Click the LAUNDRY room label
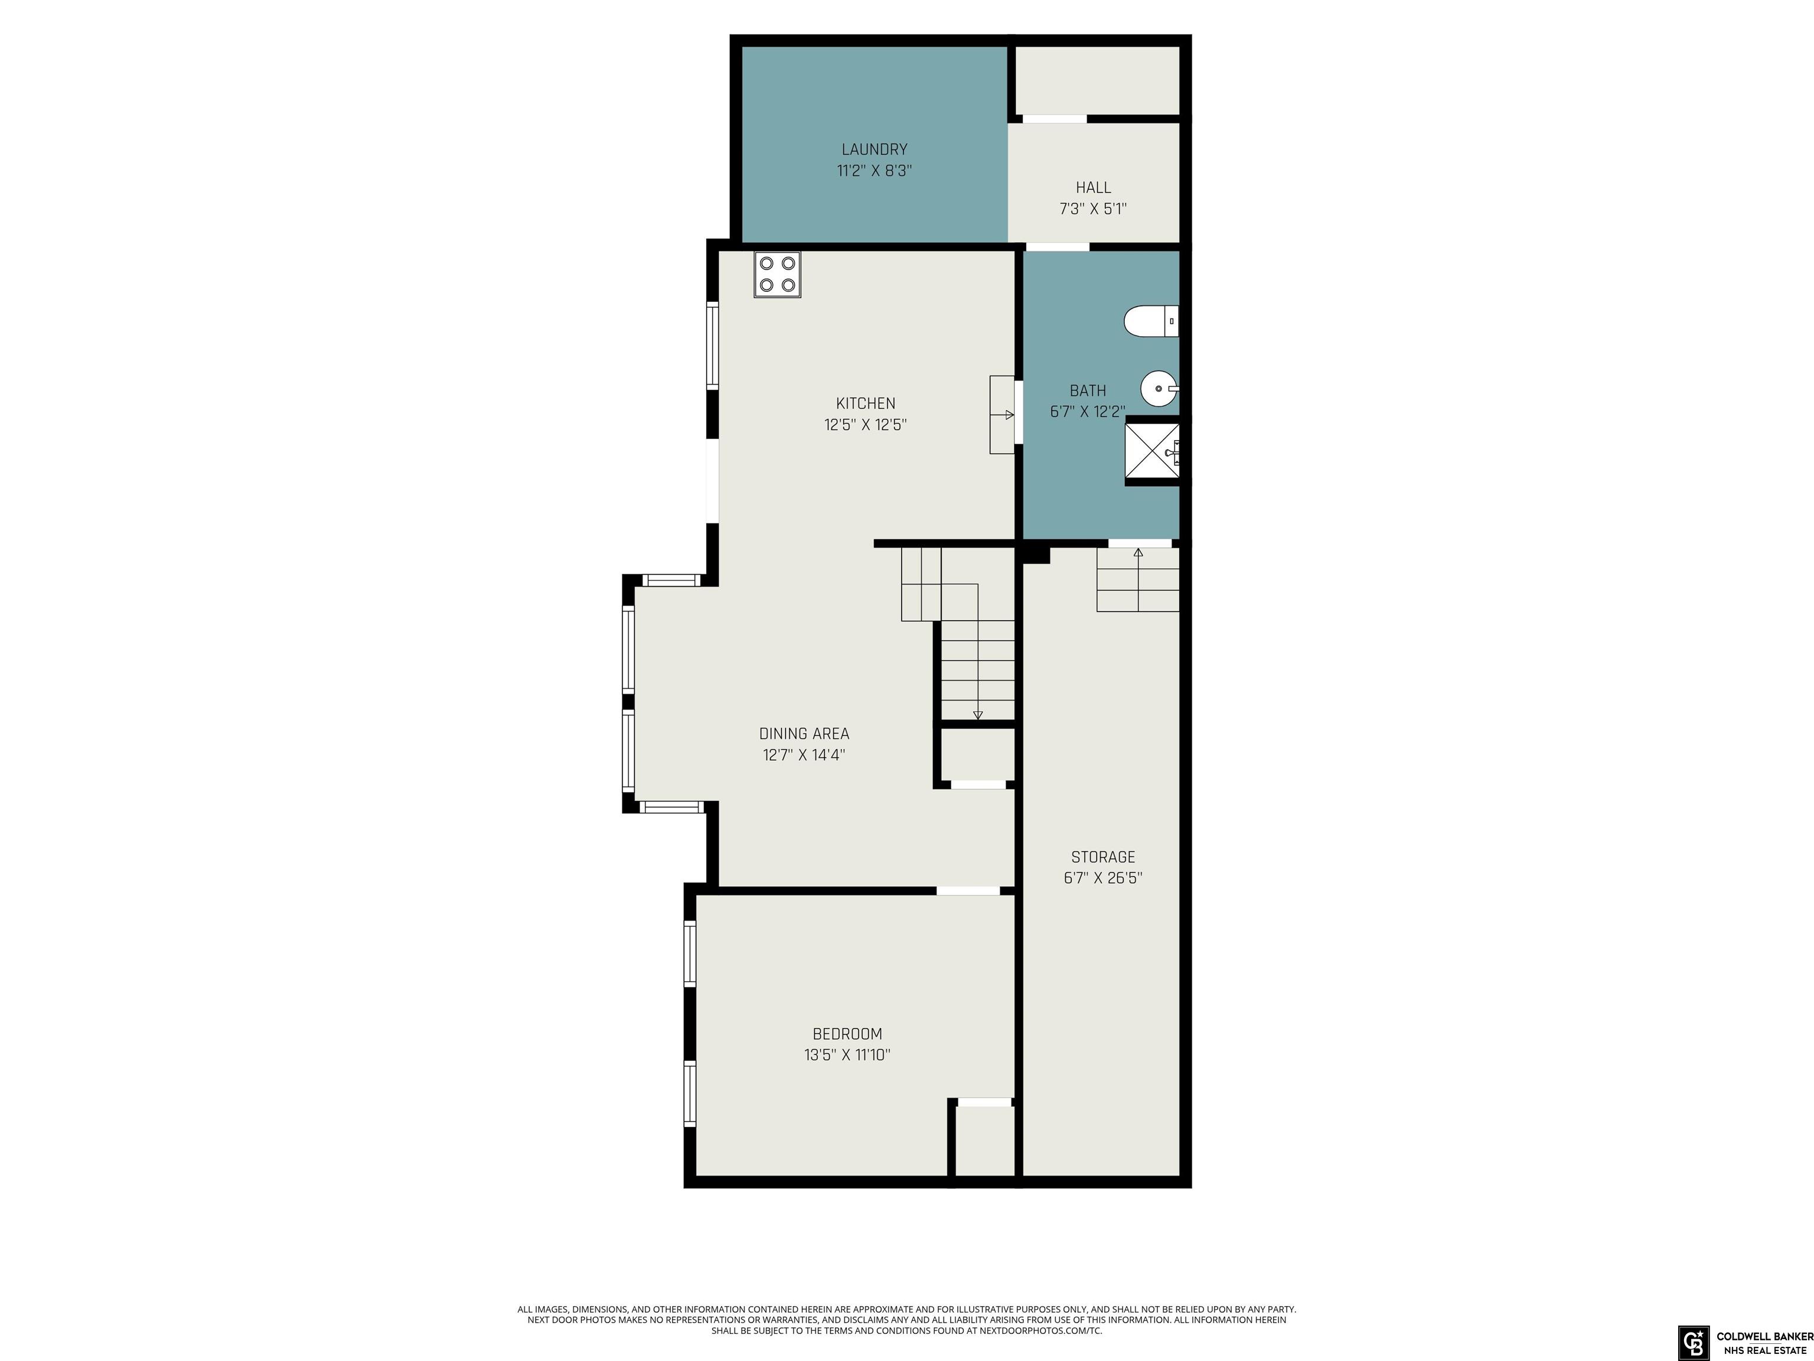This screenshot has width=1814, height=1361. click(874, 149)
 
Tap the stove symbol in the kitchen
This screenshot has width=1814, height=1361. click(778, 274)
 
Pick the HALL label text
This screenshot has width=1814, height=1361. click(1093, 188)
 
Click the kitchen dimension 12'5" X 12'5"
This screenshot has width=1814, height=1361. click(865, 425)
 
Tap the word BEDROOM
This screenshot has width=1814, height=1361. click(847, 1034)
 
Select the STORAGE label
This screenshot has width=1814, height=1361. click(1103, 857)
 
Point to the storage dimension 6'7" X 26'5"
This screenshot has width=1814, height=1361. click(1103, 878)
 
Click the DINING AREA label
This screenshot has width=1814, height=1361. click(804, 734)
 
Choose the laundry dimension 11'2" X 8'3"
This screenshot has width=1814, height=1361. click(874, 171)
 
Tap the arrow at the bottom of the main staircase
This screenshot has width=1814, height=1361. click(977, 715)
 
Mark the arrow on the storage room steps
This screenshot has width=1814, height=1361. click(1138, 553)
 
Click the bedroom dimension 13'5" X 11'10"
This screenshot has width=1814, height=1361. click(847, 1055)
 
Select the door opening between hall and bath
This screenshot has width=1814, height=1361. click(1058, 246)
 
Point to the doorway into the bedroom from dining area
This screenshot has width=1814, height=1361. click(968, 891)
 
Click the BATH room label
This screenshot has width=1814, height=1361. click(1088, 390)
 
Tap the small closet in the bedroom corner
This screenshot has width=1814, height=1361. click(986, 1141)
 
